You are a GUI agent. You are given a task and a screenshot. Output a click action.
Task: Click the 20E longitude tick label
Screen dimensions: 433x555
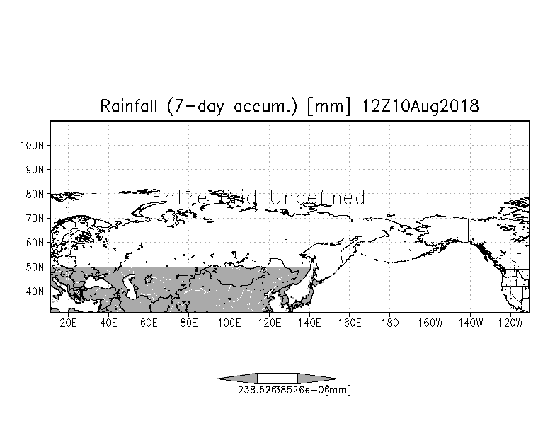coord(69,323)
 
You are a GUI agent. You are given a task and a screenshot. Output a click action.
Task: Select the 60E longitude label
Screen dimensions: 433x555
coord(149,323)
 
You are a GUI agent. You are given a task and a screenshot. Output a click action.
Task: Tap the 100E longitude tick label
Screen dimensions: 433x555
coord(229,323)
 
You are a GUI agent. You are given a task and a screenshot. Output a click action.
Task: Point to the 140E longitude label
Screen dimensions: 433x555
coord(309,323)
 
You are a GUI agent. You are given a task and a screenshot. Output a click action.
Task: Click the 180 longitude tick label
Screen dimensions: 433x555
coord(390,323)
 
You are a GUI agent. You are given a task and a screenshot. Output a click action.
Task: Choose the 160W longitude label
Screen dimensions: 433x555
coord(430,323)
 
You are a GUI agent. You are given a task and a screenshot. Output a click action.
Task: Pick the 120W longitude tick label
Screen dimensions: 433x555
coord(510,323)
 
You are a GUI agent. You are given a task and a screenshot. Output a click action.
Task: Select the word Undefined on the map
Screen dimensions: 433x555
coord(317,197)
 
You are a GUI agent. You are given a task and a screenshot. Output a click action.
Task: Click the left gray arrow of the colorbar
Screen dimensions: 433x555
coord(237,379)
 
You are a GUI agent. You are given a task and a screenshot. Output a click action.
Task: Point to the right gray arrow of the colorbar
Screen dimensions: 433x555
coord(317,379)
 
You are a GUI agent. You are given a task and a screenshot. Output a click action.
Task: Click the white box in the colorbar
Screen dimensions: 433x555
coord(277,379)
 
